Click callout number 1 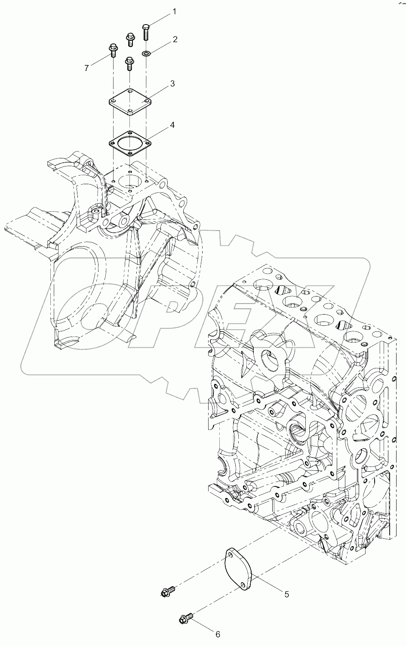click(175, 12)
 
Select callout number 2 click(175, 40)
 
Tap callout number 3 click(172, 83)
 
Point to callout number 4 click(172, 125)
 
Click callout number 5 click(286, 594)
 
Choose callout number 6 click(218, 634)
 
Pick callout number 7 click(86, 68)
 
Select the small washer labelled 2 click(146, 53)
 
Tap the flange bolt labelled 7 click(114, 50)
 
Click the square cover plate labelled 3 click(130, 101)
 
